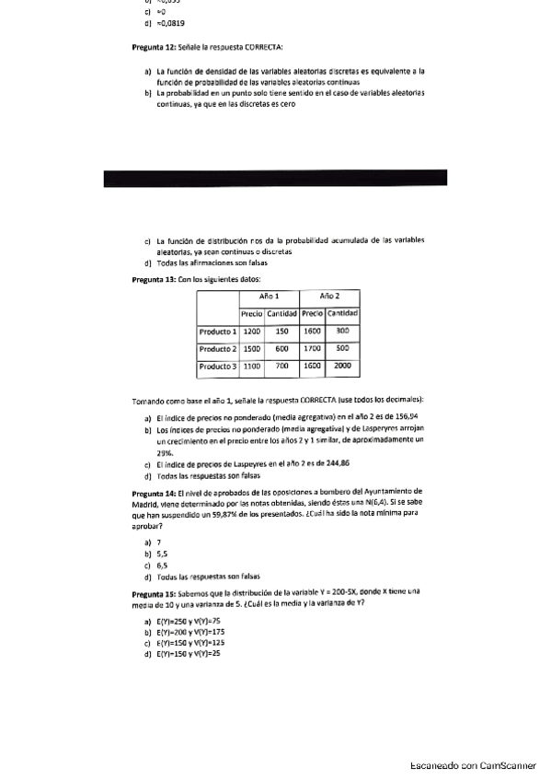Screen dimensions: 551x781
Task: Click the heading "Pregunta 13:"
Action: (x=154, y=278)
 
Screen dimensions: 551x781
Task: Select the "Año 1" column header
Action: (x=269, y=297)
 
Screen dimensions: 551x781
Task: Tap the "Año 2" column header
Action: (x=329, y=297)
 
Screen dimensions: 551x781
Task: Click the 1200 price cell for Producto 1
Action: (x=253, y=331)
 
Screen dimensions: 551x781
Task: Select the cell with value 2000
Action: (x=342, y=367)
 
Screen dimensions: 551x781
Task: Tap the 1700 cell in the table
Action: (x=313, y=350)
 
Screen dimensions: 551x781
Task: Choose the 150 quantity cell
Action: (x=282, y=331)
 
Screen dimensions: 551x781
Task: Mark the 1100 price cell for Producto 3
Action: (x=253, y=367)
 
